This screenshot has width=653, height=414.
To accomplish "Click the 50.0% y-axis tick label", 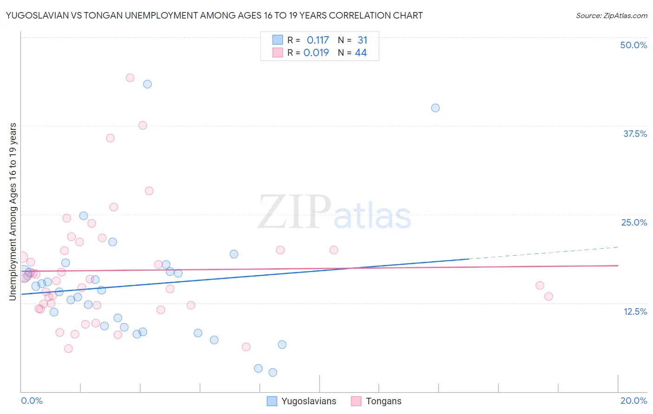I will [633, 45].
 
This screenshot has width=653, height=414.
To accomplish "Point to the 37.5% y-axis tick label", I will [635, 134].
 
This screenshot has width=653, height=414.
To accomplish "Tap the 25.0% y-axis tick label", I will [634, 222].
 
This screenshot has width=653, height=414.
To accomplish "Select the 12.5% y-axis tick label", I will [635, 311].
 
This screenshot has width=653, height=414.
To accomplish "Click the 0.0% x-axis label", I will [32, 401].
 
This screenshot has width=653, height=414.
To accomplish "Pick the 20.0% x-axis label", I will [633, 401].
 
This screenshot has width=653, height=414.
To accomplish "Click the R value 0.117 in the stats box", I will [318, 40].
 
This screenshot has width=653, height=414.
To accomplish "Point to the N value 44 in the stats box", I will [361, 53].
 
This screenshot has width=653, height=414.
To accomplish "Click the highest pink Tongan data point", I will [130, 78].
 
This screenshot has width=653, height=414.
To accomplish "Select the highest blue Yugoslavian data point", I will [147, 84].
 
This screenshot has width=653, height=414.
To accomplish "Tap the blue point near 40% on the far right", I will [435, 108].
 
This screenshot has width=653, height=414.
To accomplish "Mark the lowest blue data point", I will [273, 372].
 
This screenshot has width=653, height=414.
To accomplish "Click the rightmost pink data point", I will [549, 296].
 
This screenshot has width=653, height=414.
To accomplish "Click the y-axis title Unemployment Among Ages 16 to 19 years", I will [13, 211].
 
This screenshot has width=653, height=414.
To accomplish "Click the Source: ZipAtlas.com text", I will [611, 16].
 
